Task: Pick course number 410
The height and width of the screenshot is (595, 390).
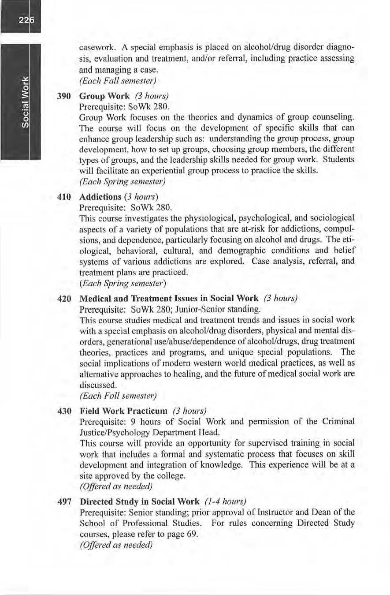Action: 63,195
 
